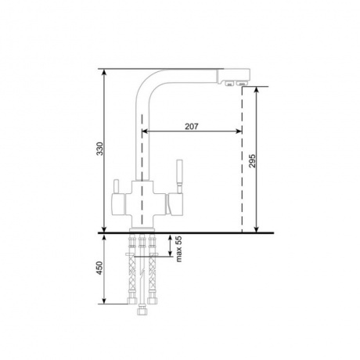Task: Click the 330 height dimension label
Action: click(100, 149)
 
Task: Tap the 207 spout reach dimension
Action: click(192, 126)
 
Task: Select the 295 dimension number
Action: click(252, 160)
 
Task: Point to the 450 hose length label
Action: click(100, 268)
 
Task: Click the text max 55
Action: click(179, 249)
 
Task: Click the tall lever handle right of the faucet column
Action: click(180, 177)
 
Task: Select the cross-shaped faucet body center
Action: click(142, 204)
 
